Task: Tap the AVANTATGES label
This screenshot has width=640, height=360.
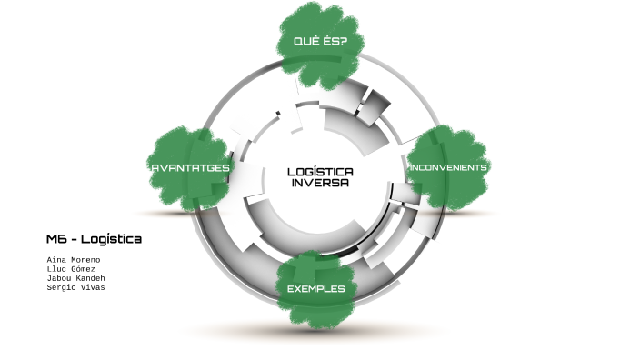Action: pyautogui.click(x=190, y=167)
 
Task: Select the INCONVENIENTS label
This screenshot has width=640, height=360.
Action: pyautogui.click(x=448, y=167)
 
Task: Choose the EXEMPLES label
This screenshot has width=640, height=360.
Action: pyautogui.click(x=315, y=289)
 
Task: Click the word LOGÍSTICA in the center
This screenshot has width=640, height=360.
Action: pyautogui.click(x=320, y=171)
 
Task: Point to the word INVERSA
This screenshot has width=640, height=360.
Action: pyautogui.click(x=320, y=182)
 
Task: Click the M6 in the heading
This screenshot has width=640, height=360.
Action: pyautogui.click(x=57, y=239)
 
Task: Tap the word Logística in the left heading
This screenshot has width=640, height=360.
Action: pyautogui.click(x=111, y=239)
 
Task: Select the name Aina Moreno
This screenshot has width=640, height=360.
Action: pyautogui.click(x=74, y=260)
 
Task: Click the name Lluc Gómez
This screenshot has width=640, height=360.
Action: pyautogui.click(x=71, y=269)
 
